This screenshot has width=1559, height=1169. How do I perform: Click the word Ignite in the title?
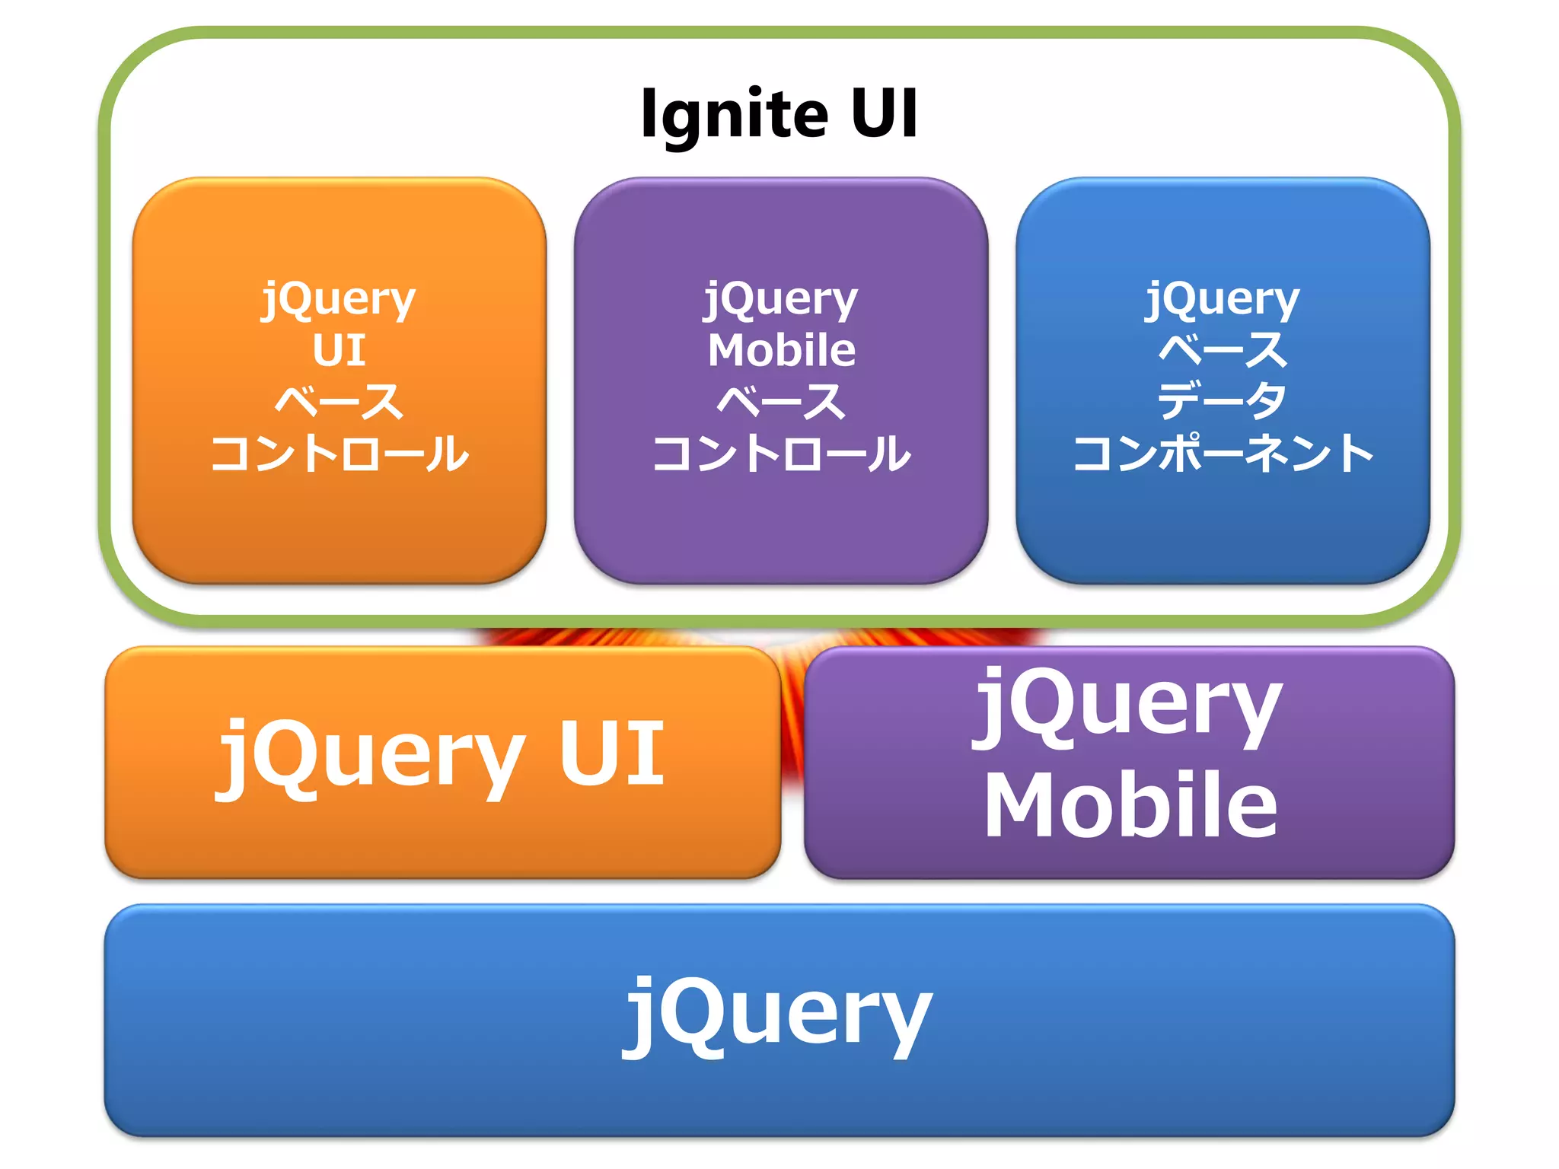pos(734,114)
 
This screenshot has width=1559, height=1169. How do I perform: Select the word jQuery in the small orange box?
pos(339,299)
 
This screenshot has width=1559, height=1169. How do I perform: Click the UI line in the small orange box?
pos(339,350)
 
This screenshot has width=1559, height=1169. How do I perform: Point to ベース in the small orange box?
pos(339,401)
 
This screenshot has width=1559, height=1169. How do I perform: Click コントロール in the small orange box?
pos(339,454)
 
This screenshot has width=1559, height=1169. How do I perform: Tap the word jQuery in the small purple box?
pos(781,299)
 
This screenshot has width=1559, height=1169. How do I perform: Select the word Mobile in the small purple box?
pos(781,350)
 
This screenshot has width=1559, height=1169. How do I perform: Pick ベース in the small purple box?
pos(781,401)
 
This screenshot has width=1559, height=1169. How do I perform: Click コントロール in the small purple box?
pos(781,454)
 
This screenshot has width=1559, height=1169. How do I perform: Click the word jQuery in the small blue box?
pos(1223,299)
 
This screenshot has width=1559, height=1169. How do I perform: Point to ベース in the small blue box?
pos(1223,350)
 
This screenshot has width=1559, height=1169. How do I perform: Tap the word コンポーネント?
pos(1223,454)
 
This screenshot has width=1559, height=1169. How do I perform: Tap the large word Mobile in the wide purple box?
pos(1130,804)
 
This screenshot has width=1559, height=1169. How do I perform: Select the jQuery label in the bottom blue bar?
pos(778,1014)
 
